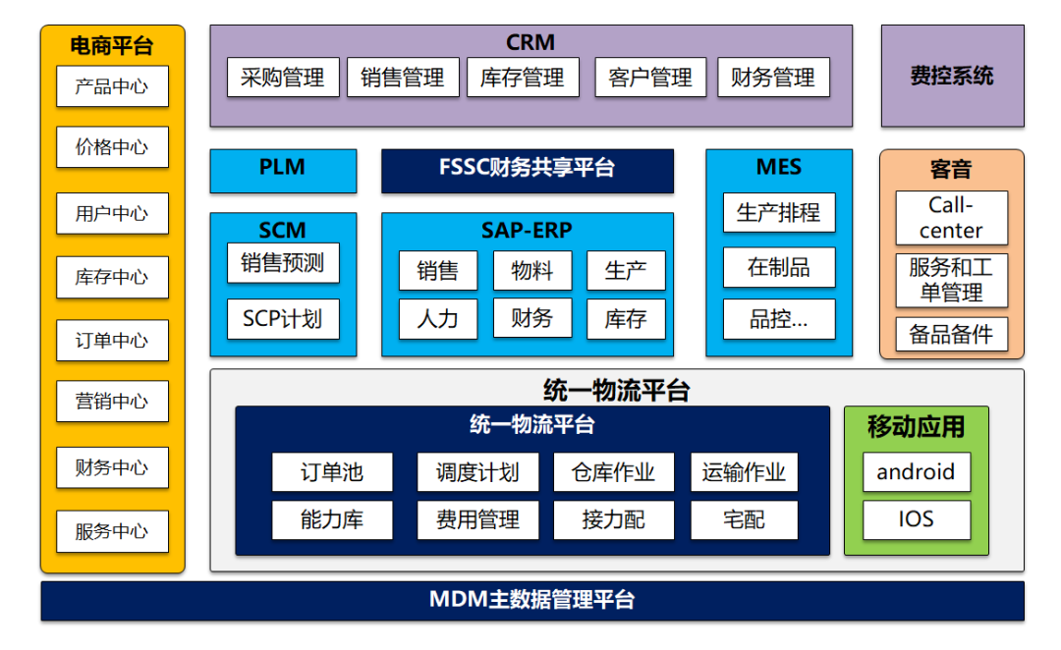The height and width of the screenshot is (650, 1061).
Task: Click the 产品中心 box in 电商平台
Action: click(112, 86)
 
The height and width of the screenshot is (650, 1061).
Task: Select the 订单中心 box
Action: click(112, 341)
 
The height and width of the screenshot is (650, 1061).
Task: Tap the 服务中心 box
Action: click(112, 532)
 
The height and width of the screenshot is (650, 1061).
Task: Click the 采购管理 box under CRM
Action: click(283, 78)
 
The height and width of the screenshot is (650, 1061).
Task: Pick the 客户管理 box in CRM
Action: click(650, 78)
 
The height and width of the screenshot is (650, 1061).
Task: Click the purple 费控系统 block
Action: click(952, 77)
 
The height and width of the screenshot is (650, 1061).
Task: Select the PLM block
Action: click(283, 169)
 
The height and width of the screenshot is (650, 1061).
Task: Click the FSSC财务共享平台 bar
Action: click(528, 169)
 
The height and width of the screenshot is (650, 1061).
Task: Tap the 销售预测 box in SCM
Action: click(283, 263)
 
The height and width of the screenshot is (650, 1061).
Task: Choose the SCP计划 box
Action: click(283, 319)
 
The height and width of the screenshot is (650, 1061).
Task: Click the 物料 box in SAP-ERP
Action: click(531, 271)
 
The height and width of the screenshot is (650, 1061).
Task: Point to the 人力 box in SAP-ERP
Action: click(437, 318)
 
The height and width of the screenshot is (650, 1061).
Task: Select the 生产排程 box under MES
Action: click(779, 212)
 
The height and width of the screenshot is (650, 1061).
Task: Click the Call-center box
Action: click(951, 218)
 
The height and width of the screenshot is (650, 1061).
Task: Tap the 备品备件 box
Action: click(951, 334)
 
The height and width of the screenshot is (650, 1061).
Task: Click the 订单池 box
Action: click(332, 472)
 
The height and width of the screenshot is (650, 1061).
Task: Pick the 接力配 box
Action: click(614, 520)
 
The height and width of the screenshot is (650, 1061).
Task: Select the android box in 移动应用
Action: click(916, 472)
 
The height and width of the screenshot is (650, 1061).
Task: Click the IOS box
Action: click(916, 519)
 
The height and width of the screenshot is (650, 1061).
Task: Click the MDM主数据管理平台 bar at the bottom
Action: click(531, 600)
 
